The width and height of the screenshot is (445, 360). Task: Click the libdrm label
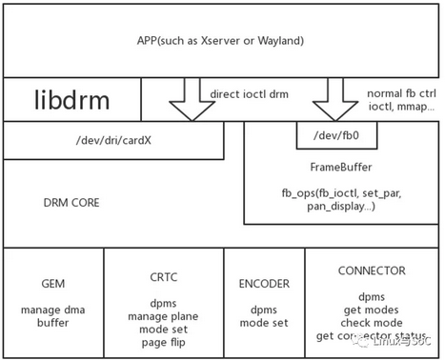(x=71, y=100)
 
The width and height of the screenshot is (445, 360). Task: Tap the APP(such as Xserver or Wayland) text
(x=220, y=41)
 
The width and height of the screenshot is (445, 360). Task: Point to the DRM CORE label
(x=71, y=203)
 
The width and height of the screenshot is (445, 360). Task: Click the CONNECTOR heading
(x=372, y=270)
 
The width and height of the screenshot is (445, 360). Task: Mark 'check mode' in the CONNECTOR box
(x=372, y=322)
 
